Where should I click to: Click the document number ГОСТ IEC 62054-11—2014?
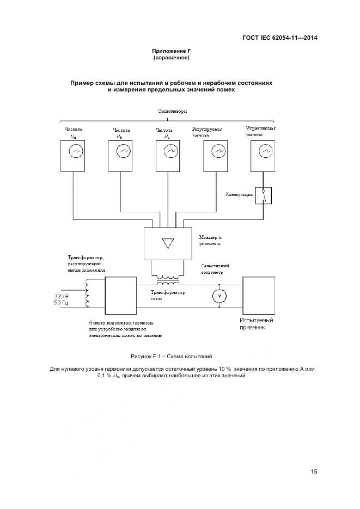(x=280, y=38)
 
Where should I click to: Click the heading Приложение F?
(x=171, y=51)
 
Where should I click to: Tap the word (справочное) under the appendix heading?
(x=171, y=58)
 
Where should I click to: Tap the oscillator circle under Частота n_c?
(x=169, y=150)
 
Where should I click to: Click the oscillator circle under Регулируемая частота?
(x=217, y=150)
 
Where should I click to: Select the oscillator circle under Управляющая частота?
(x=265, y=150)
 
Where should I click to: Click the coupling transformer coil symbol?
(x=167, y=283)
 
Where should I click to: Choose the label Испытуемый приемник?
(x=253, y=324)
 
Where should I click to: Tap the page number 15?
(x=314, y=471)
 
